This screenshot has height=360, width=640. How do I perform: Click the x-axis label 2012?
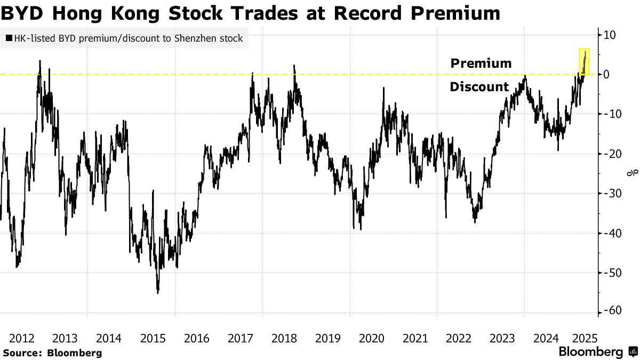tap(22, 338)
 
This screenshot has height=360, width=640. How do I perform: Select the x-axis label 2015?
tap(153, 338)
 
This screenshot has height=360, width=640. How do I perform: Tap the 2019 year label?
tap(327, 338)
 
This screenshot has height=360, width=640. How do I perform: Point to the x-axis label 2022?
tap(459, 338)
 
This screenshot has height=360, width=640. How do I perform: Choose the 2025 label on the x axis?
tap(585, 338)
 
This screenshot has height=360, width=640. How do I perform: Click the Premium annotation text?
tap(481, 63)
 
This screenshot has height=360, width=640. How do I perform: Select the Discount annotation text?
tap(479, 87)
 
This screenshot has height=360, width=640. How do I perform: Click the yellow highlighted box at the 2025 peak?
tap(584, 61)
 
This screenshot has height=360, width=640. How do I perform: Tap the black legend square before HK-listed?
tap(9, 38)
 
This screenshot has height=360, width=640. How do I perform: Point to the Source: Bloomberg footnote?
tap(52, 353)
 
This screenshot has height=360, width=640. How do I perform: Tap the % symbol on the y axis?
tap(633, 173)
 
